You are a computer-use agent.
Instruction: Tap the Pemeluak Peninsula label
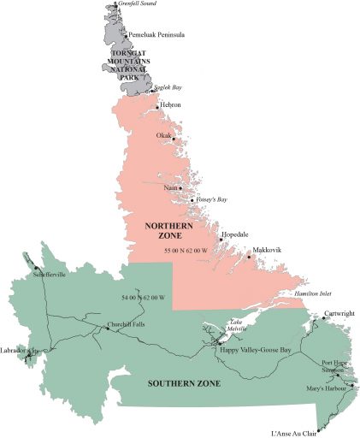[x=157, y=35]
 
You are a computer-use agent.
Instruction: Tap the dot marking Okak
[x=174, y=139]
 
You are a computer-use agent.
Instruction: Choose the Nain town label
[x=170, y=187]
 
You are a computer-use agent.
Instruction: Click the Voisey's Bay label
[x=211, y=198]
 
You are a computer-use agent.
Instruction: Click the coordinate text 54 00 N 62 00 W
[x=144, y=298]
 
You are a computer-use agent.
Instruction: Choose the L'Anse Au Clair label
[x=295, y=433]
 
